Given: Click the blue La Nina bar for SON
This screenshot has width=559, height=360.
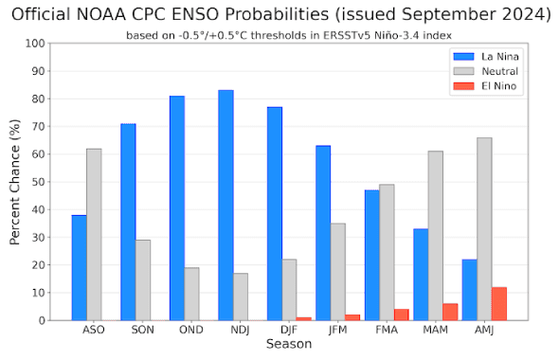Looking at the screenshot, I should pos(128,222).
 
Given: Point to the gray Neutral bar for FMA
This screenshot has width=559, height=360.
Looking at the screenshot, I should pos(388,252).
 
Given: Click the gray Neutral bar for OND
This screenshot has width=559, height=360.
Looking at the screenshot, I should pos(191,294).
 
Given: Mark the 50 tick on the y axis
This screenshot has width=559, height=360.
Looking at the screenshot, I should pos(39,182).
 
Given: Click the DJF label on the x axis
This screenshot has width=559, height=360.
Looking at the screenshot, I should pos(290,331).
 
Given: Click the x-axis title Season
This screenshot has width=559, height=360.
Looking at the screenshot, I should pos(290,346).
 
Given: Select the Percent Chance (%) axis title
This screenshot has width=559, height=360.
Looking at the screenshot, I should pos(15,182).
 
